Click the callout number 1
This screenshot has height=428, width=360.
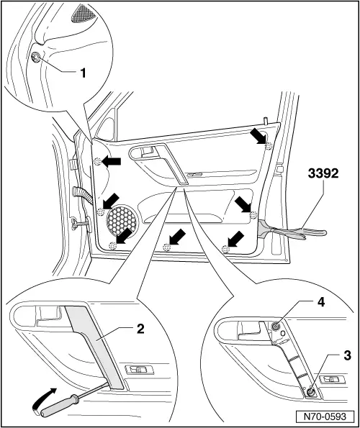83,73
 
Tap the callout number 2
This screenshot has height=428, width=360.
140,329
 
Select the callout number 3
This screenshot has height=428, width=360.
347,355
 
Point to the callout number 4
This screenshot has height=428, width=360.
320,302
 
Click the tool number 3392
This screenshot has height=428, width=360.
323,173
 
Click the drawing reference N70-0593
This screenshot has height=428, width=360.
325,416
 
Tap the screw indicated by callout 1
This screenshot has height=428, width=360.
36,57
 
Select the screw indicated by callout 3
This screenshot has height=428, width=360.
310,393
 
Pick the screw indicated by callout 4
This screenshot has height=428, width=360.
275,326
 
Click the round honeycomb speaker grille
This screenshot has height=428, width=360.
122,220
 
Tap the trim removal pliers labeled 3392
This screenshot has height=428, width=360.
291,231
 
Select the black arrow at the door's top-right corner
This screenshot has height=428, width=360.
259,137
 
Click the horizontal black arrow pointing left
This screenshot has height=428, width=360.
111,161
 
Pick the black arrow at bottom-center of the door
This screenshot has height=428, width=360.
177,237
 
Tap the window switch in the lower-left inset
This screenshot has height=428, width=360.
139,370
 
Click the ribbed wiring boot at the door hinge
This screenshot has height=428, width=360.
84,195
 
